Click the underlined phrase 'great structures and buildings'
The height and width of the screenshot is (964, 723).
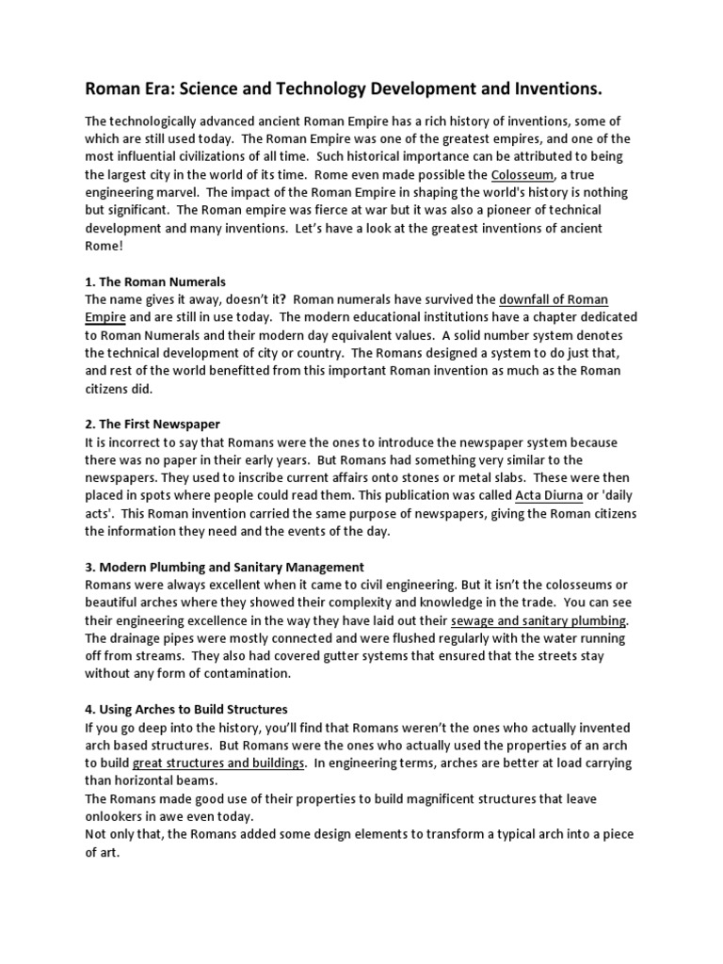[x=218, y=763]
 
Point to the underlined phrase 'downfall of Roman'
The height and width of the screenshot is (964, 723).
[x=554, y=300]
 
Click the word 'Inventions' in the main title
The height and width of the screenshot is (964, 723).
[x=554, y=89]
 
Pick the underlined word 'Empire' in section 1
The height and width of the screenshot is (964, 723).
[x=105, y=318]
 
